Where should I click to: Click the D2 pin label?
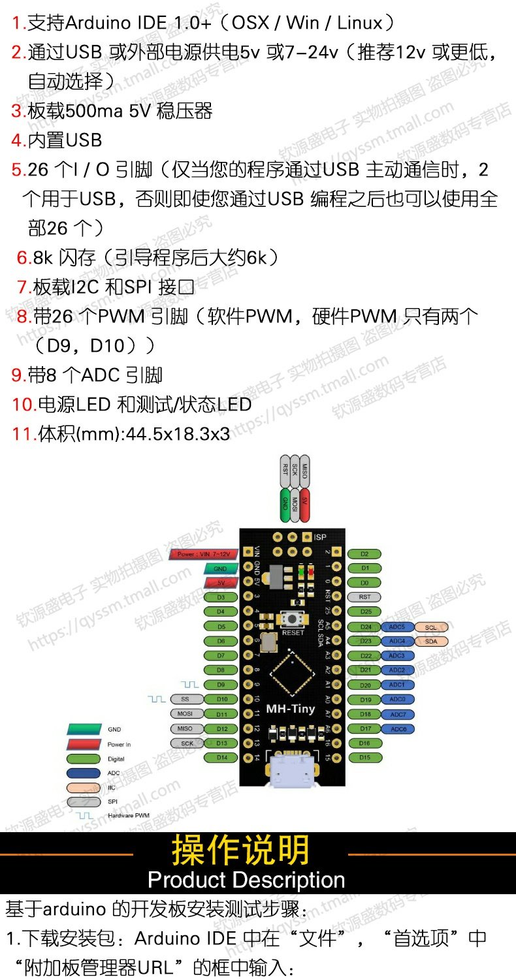(365, 554)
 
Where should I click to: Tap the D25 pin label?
(365, 612)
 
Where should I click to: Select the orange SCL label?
(431, 627)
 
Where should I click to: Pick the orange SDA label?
(431, 642)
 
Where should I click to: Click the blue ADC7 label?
(397, 715)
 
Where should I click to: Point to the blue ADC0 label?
(397, 700)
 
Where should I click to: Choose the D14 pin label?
(221, 758)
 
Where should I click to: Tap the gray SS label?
(185, 700)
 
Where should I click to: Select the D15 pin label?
(365, 758)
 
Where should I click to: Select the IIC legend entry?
(95, 787)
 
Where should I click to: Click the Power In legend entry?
(98, 744)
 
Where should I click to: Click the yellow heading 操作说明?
(240, 850)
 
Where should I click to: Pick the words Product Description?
(246, 880)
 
